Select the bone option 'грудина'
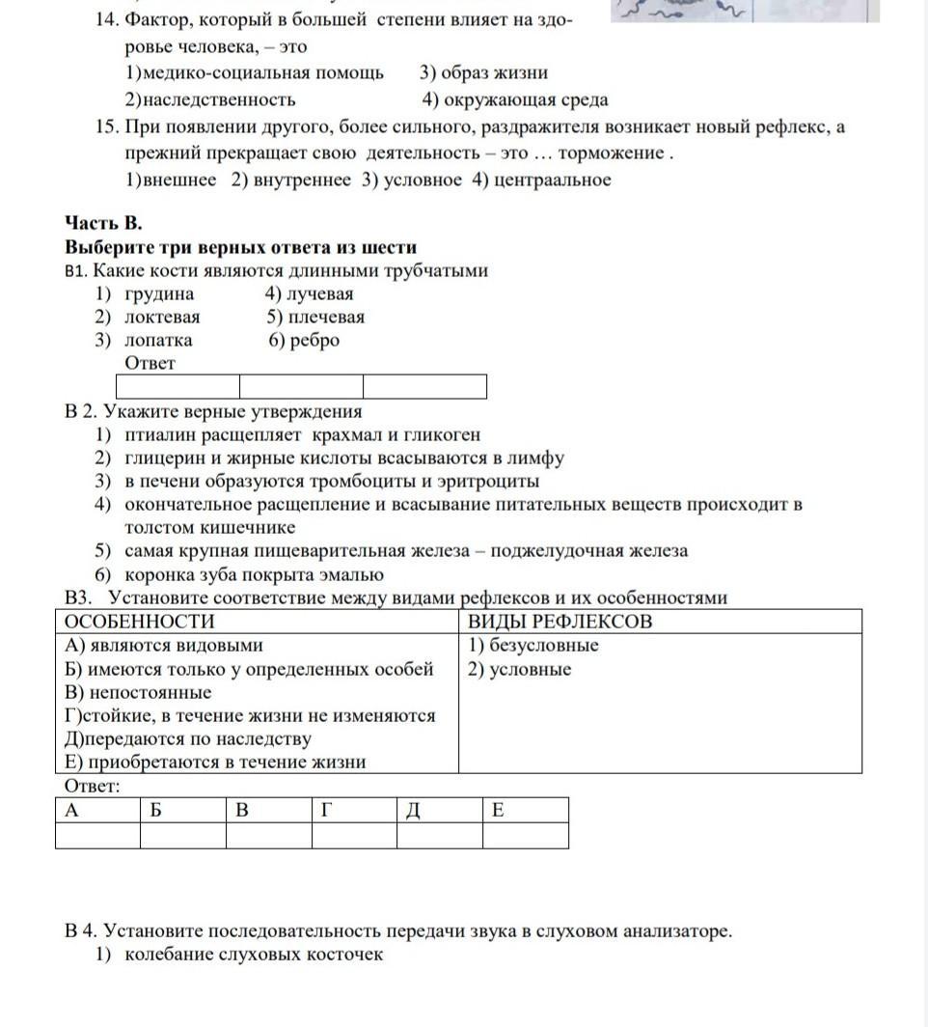[158, 294]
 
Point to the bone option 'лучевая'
[321, 294]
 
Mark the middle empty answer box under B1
[301, 387]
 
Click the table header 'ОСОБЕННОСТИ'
[140, 622]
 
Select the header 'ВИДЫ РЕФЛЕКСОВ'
[560, 622]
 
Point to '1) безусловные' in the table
[533, 646]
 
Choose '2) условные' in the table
[520, 670]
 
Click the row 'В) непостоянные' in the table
[138, 693]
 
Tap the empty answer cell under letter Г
[354, 836]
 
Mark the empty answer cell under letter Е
[525, 836]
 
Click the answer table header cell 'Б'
[182, 810]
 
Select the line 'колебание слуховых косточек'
[254, 956]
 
